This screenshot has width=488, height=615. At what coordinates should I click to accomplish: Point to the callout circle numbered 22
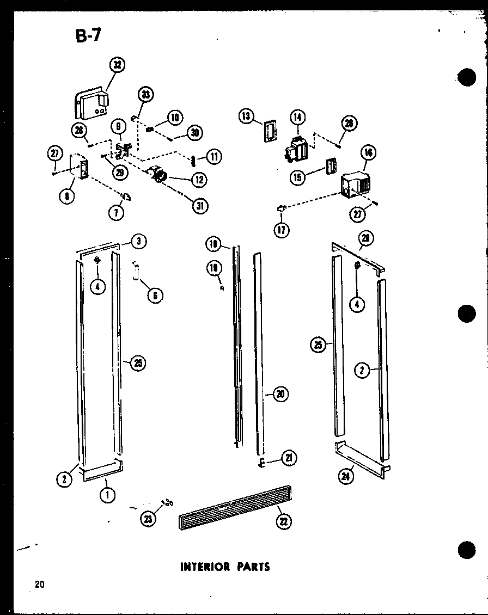(284, 521)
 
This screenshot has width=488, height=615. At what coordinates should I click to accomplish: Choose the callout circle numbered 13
(247, 115)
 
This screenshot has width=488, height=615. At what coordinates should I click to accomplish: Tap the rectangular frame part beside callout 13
(269, 131)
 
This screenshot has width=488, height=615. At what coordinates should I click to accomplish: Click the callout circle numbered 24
(346, 476)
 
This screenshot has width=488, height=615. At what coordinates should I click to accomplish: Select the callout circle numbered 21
(289, 459)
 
